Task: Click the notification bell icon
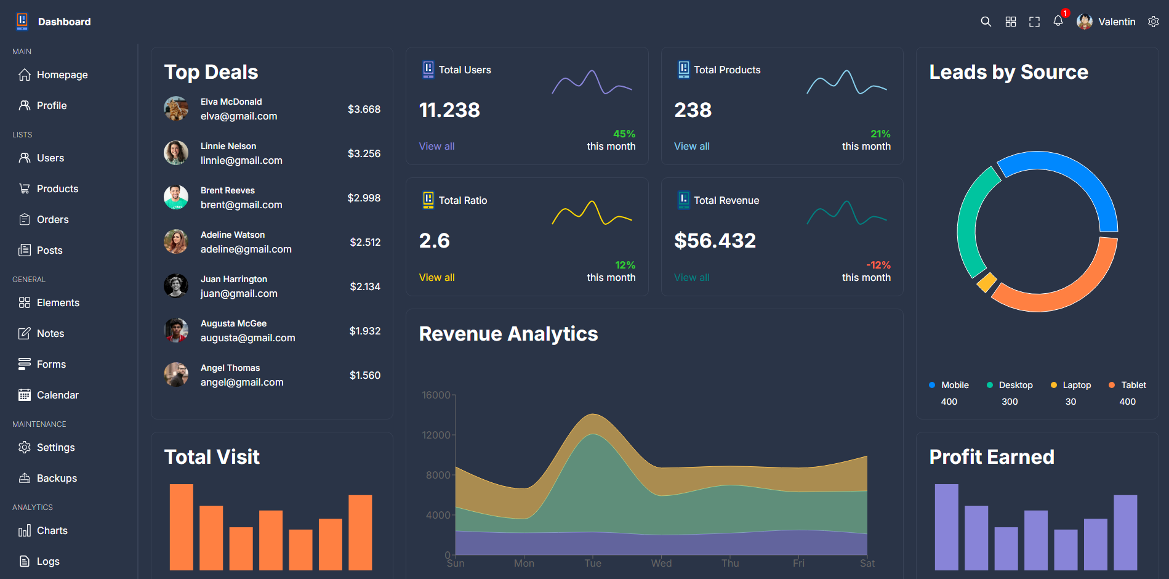point(1058,21)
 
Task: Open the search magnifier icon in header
point(986,22)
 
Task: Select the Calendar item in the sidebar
point(57,395)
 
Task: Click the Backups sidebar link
point(57,478)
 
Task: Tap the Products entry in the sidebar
point(57,188)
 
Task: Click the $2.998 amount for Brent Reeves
point(364,198)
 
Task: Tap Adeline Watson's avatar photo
point(176,241)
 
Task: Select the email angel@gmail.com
point(242,382)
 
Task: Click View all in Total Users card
point(436,146)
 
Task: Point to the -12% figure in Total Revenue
point(878,265)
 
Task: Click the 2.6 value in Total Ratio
point(434,240)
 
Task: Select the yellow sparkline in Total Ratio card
point(592,213)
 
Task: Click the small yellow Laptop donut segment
point(987,282)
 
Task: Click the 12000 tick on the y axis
point(436,435)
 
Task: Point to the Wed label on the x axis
point(661,563)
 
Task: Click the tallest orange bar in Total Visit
point(182,527)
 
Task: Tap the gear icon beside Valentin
point(1153,22)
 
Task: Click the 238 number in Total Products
point(693,110)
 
